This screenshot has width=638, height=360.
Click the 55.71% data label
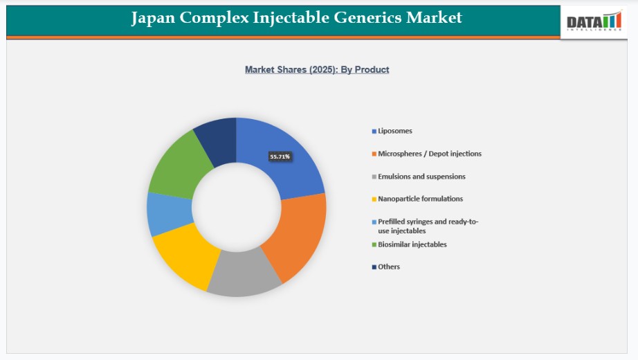click(280, 156)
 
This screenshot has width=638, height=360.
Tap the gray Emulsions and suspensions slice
click(244, 272)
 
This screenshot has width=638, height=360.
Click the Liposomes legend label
click(394, 131)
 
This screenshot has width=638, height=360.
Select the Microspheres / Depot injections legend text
click(430, 154)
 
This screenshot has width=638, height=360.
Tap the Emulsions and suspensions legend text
click(421, 177)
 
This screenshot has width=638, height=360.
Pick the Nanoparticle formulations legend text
click(420, 199)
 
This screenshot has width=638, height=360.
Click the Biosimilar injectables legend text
click(412, 244)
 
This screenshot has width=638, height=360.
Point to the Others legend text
click(389, 267)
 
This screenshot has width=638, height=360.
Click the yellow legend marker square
click(374, 199)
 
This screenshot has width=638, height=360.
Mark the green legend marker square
click(374, 245)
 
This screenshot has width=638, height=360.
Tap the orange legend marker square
click(374, 154)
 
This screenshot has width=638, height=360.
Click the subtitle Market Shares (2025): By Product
click(317, 70)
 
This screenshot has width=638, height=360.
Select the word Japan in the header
click(153, 18)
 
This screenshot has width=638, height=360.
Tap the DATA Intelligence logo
click(594, 21)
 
